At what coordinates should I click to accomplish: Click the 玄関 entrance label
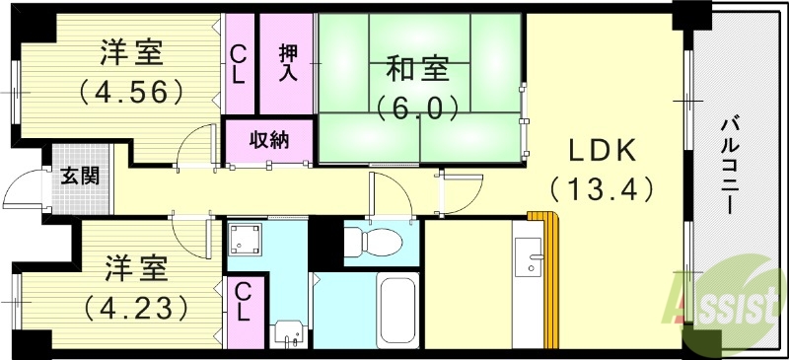pos(80,177)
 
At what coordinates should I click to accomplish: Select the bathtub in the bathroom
pos(398,308)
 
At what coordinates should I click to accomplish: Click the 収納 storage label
pos(268,139)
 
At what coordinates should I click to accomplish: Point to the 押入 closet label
pos(287,62)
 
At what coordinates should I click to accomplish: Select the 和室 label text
pos(417,70)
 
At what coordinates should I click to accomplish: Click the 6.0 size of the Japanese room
pos(417,106)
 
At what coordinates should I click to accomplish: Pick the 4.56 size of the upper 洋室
pos(131,92)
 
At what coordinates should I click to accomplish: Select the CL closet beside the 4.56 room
pos(240,64)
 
